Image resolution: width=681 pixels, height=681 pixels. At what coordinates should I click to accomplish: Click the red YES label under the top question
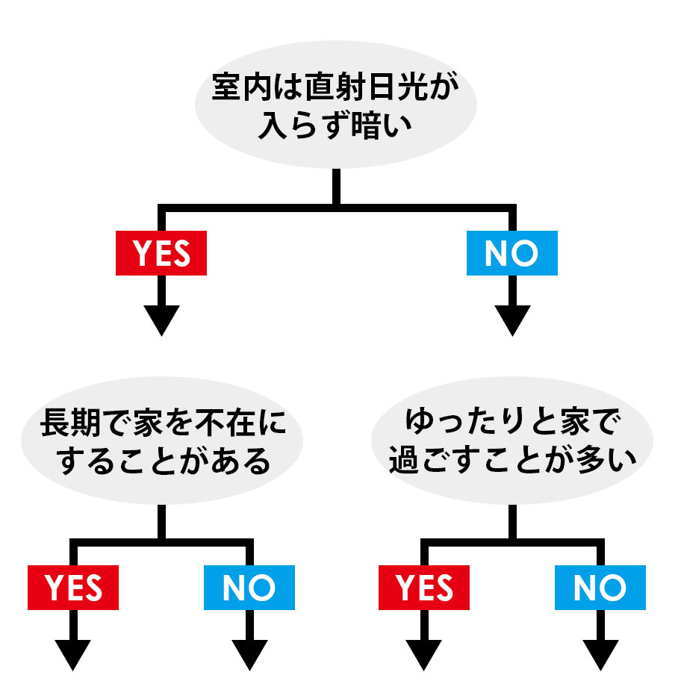tap(161, 254)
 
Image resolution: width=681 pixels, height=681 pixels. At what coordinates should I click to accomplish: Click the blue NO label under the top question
tap(511, 254)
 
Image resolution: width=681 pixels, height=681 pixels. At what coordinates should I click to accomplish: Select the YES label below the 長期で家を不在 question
tap(73, 588)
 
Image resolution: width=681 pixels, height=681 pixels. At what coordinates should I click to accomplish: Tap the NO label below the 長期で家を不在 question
tap(249, 588)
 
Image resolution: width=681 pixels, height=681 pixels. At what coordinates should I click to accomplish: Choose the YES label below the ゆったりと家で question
tap(424, 588)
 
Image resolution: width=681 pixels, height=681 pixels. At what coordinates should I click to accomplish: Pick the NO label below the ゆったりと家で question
tap(600, 588)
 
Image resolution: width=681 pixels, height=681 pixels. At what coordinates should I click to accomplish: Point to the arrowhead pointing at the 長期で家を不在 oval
tap(161, 320)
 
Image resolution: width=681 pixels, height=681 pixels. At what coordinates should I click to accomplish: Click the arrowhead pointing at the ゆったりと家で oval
tap(511, 320)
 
